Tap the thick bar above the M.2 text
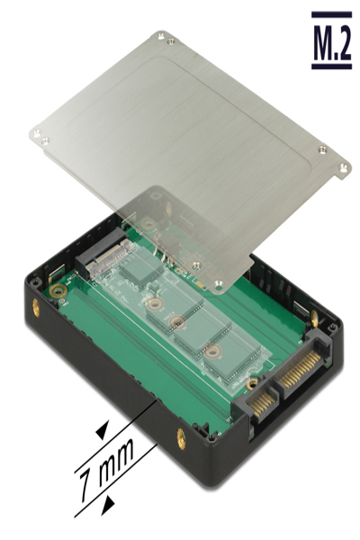click(x=330, y=15)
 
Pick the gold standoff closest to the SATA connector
click(x=212, y=352)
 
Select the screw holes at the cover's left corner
click(x=38, y=136)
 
